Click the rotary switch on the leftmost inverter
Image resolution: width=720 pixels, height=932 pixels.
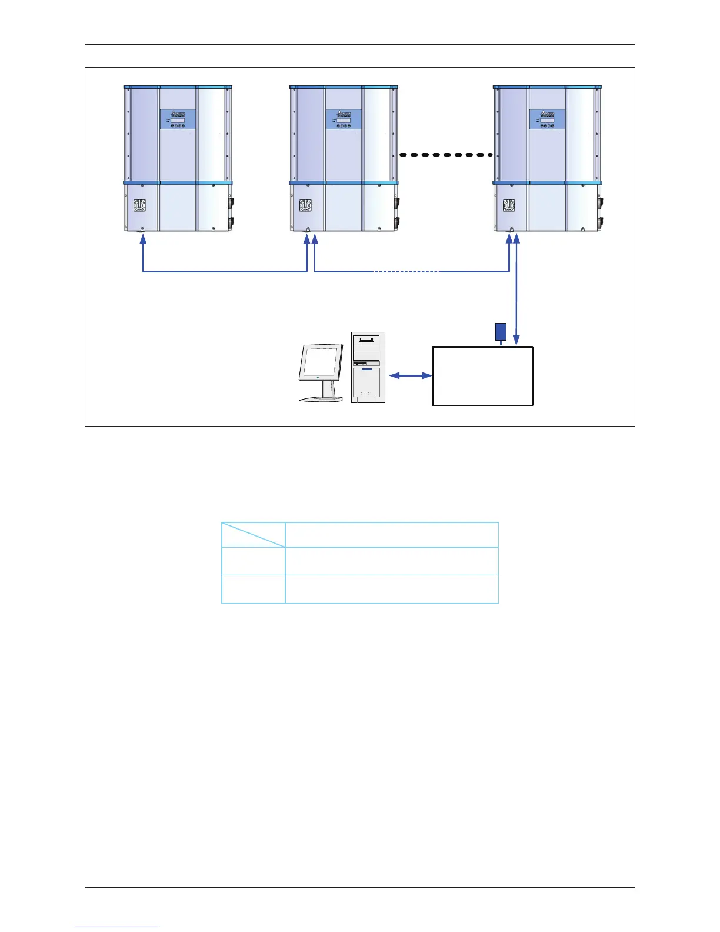pyautogui.click(x=139, y=206)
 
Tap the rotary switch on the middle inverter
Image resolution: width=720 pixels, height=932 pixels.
pyautogui.click(x=305, y=206)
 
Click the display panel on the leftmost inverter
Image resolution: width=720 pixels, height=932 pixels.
pyautogui.click(x=178, y=119)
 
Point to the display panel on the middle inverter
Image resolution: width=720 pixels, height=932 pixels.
pyautogui.click(x=344, y=119)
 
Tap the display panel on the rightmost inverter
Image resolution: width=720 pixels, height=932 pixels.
pyautogui.click(x=547, y=119)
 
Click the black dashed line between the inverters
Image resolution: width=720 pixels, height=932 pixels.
pyautogui.click(x=445, y=155)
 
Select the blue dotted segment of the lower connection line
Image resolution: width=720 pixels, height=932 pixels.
pyautogui.click(x=406, y=272)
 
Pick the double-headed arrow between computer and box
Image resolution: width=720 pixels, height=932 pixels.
pyautogui.click(x=411, y=375)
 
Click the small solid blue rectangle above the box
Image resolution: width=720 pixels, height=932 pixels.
pyautogui.click(x=501, y=332)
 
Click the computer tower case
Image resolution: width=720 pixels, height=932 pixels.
pyautogui.click(x=368, y=368)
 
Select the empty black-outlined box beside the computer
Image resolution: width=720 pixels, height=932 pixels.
pyautogui.click(x=482, y=376)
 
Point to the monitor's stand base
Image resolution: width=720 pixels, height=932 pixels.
pyautogui.click(x=321, y=399)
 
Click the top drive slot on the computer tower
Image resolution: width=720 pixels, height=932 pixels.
pyautogui.click(x=368, y=339)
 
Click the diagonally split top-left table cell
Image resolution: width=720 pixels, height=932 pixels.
pyautogui.click(x=254, y=535)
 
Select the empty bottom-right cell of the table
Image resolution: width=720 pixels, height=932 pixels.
pyautogui.click(x=392, y=589)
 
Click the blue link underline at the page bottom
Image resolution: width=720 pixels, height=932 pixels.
pyautogui.click(x=116, y=927)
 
